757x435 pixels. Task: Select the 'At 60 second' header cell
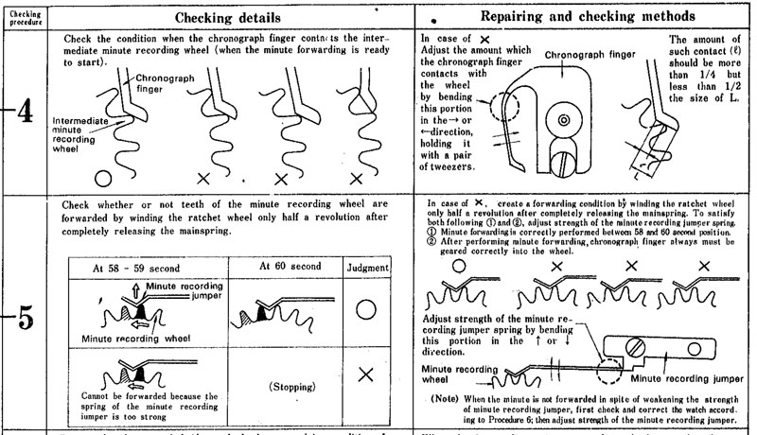(x=290, y=267)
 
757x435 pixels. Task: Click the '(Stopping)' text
(x=290, y=387)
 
